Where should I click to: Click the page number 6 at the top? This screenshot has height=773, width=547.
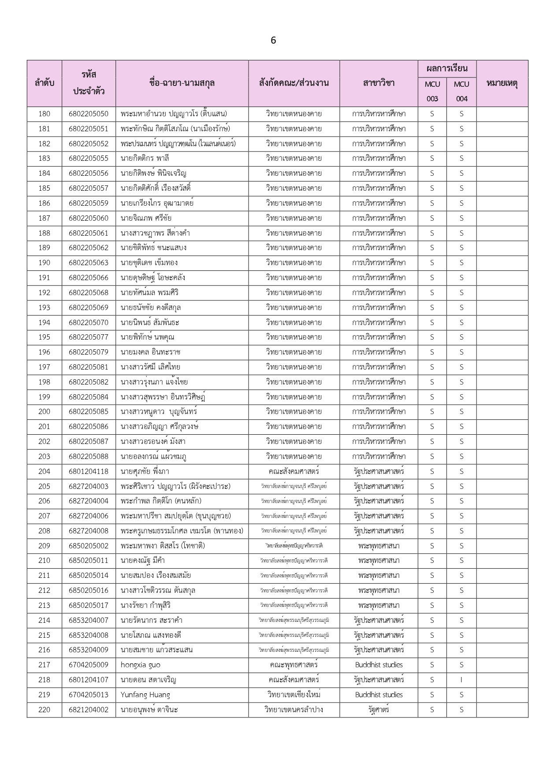273,41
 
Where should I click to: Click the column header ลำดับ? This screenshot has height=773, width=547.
45,83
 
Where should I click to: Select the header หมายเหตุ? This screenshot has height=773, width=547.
502,83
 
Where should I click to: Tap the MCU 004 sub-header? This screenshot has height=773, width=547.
461,91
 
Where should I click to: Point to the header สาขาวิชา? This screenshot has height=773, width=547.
379,83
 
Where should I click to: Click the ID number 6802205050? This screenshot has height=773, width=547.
89,114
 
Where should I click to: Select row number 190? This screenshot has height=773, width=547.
45,263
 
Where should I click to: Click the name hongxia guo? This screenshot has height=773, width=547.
141,665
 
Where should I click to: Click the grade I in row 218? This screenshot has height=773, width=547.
461,680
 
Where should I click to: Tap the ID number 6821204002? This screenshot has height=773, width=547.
89,710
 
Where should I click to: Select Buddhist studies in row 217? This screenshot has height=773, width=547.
379,665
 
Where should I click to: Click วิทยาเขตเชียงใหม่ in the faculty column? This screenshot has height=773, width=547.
294,695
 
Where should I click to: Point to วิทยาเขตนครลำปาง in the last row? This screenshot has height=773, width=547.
294,710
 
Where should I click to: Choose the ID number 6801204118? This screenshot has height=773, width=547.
89,471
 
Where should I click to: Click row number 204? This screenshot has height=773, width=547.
45,471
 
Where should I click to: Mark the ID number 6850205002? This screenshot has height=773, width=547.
89,546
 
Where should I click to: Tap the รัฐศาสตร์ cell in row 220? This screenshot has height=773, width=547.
379,710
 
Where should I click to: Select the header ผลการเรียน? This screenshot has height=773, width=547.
447,68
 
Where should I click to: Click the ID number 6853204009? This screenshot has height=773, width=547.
89,650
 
